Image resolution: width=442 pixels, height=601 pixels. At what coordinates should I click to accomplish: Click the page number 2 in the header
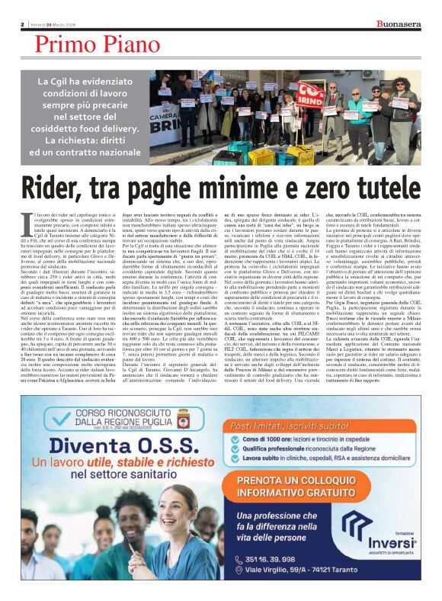[22, 24]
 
